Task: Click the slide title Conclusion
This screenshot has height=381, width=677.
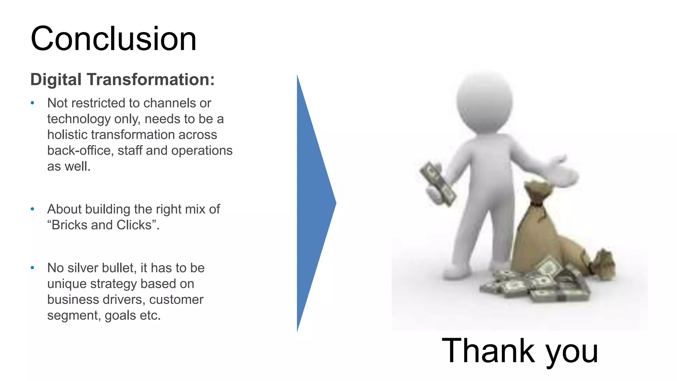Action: click(113, 39)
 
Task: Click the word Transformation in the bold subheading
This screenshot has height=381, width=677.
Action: click(151, 80)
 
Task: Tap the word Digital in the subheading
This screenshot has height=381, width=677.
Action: click(56, 80)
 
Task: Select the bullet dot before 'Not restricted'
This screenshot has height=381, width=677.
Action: click(32, 103)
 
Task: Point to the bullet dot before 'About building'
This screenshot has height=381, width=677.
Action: click(32, 209)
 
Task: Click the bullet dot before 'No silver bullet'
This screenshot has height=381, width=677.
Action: click(32, 268)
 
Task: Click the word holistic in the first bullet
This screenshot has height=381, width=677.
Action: click(67, 135)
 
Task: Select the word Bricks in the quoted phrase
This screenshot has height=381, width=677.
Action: click(69, 225)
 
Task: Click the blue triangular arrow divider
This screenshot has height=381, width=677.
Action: click(312, 203)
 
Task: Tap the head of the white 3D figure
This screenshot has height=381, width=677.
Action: click(484, 101)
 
